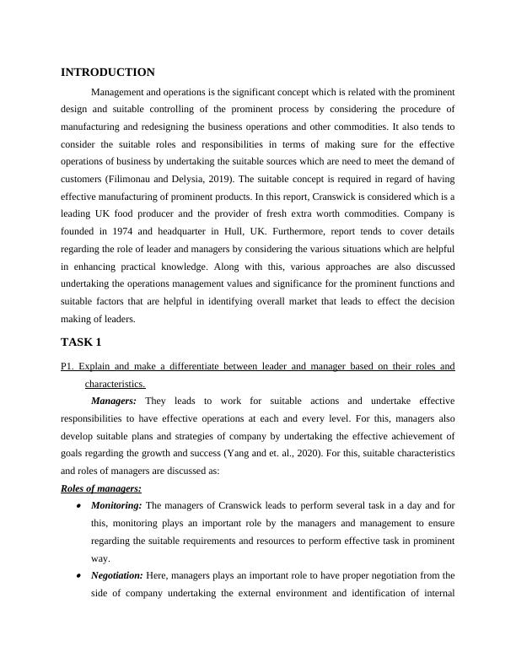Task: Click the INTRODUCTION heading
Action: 108,73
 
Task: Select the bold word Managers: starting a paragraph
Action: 117,401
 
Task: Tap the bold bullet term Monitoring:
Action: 118,505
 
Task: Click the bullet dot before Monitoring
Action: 78,506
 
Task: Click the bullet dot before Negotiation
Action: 78,576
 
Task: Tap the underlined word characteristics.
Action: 115,384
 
